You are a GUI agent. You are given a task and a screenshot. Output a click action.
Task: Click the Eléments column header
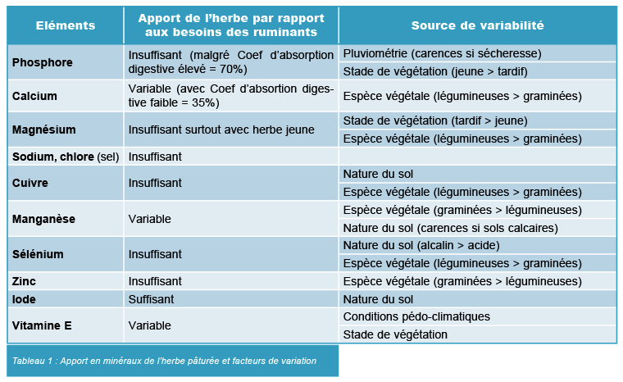point(66,25)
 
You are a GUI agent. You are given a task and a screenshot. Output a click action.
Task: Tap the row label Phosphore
point(43,62)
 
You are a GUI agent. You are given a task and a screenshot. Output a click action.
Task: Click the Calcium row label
point(34,96)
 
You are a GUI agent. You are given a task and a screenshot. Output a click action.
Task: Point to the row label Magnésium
point(44,130)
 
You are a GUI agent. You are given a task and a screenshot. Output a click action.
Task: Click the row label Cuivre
point(30,183)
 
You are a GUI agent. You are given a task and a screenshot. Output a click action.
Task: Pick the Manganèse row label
point(43,219)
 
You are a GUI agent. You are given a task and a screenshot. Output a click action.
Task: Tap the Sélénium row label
point(38,254)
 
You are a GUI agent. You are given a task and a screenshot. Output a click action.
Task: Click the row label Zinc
point(24,281)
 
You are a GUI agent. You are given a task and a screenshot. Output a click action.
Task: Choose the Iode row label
point(24,299)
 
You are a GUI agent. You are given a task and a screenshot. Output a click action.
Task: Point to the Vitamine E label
point(42,325)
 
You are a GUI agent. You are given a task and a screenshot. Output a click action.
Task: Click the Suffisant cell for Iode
point(151,299)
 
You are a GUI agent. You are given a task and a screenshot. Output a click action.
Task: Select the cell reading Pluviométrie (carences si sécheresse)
point(442,53)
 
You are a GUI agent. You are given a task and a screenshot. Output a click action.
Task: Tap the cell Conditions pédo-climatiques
point(416,316)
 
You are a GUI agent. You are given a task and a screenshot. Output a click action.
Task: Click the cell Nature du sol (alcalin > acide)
point(421,245)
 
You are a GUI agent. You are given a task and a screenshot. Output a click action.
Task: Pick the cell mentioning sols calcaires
point(450,227)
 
